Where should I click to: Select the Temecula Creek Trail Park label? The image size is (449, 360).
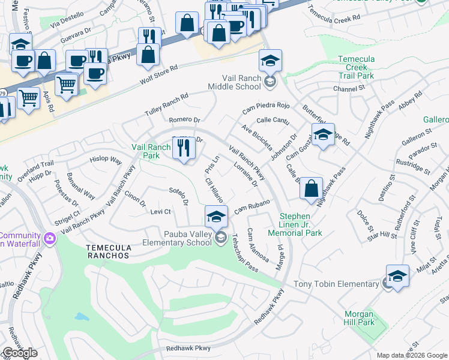[x=364, y=68]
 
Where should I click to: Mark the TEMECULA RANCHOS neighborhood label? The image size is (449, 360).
[x=107, y=256]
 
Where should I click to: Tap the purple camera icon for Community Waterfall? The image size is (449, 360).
[x=49, y=239]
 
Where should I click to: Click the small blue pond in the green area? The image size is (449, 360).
[x=80, y=316]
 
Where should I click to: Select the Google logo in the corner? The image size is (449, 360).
[x=20, y=353]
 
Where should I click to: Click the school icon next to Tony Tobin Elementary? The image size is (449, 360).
[x=397, y=277]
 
